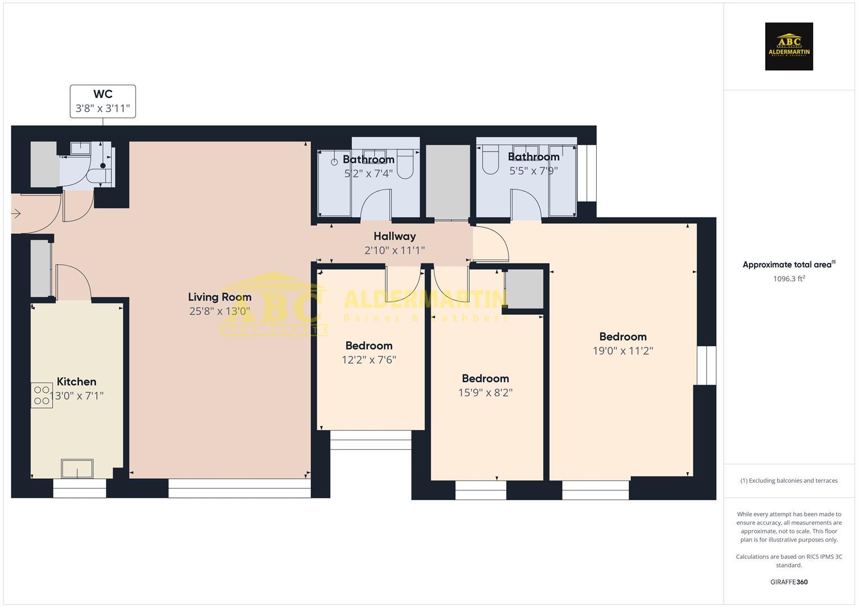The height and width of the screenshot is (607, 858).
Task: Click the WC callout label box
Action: click(103, 101)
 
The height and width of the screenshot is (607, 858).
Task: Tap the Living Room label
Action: click(220, 297)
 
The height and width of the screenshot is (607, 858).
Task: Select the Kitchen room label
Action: click(76, 382)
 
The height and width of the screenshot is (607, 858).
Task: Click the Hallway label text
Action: click(394, 236)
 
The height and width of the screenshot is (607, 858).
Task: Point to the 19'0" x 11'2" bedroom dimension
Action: click(623, 351)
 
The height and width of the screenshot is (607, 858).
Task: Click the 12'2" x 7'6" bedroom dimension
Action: click(369, 360)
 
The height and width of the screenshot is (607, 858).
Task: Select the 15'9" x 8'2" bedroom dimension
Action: click(485, 392)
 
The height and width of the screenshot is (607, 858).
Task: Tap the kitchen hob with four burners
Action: click(42, 395)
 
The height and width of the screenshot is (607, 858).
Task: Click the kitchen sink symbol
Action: click(77, 468)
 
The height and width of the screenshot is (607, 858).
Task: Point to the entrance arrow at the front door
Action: click(16, 214)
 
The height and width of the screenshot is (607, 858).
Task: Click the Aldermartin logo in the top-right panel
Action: click(789, 47)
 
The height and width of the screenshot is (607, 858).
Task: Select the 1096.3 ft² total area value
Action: click(789, 279)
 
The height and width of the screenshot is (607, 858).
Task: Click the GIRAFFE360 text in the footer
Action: click(789, 582)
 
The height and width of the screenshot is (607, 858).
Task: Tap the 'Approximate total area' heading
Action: click(788, 265)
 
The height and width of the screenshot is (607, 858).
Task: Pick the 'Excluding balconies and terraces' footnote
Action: click(789, 481)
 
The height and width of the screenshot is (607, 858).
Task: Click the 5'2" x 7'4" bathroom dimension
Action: click(369, 174)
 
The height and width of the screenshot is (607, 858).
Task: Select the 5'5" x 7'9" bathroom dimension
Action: click(534, 171)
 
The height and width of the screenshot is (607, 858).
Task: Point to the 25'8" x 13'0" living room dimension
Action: click(220, 311)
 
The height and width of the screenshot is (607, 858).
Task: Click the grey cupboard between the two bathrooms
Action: click(448, 182)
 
